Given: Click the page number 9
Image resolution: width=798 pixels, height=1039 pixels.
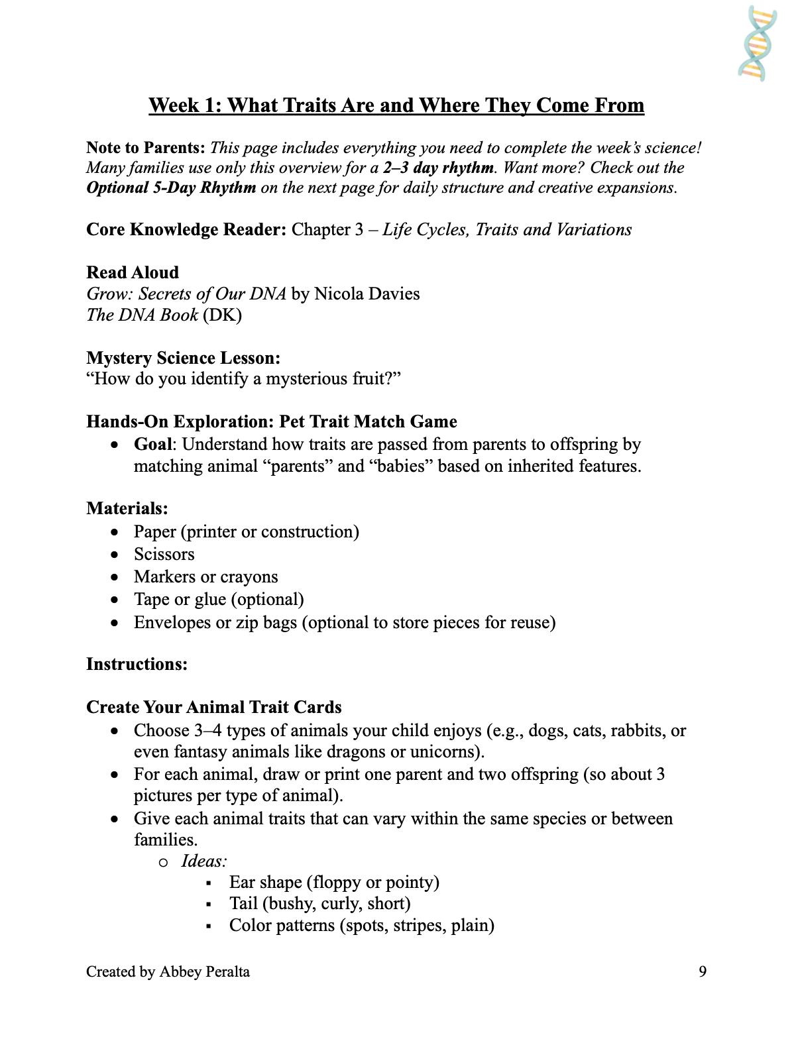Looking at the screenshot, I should point(703,971).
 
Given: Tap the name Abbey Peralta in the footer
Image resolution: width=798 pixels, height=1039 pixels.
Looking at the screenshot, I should point(204,971).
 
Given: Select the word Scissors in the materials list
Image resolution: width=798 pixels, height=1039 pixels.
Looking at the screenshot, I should point(164,554).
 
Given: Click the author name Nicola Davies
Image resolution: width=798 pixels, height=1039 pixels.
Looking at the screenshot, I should point(367,294).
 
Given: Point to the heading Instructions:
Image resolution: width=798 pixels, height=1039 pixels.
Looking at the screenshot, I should point(137,664).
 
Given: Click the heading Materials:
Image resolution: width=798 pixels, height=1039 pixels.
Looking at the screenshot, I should point(127,508).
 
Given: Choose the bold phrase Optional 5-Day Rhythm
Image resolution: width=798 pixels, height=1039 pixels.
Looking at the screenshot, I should point(171,188).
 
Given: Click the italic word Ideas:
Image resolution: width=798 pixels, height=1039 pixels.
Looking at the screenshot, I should point(204,861).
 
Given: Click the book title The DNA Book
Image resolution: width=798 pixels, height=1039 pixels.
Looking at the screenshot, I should point(142,315).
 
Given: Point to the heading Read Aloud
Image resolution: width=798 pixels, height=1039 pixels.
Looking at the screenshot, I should point(133,272).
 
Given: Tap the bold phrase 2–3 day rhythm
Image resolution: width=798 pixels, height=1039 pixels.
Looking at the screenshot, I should point(438,168).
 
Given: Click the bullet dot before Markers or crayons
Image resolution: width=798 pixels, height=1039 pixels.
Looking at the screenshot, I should point(116,577).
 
